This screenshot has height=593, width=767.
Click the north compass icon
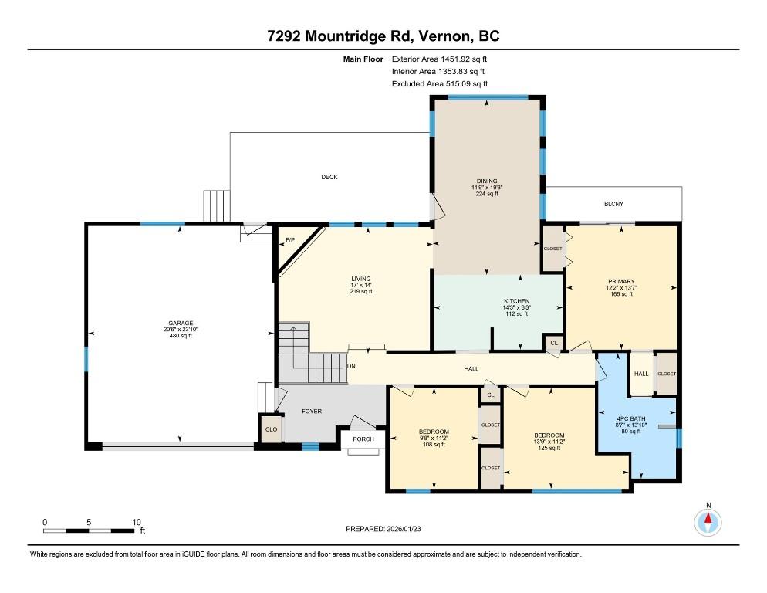pos(708,523)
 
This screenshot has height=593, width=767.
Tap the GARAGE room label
pos(181,324)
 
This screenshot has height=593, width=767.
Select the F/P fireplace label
pos(290,240)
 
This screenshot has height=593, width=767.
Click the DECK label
pos(329,177)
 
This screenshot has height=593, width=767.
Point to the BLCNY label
pos(613,204)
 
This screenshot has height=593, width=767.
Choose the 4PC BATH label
pos(631,418)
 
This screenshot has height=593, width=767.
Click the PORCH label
pos(363,439)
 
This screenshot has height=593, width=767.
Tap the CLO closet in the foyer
pos(272,429)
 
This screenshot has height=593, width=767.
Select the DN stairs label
pos(351,366)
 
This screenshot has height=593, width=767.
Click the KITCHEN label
pos(516,301)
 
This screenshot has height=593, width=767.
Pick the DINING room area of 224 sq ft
pos(487,194)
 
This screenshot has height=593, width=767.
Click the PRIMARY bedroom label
pos(621,282)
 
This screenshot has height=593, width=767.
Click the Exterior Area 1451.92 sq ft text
pos(439,59)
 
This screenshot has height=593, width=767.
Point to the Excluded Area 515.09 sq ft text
pos(440,83)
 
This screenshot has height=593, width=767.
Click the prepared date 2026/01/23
pos(404,529)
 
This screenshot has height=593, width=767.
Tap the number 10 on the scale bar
pos(137,522)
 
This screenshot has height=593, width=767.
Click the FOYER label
pos(312,412)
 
